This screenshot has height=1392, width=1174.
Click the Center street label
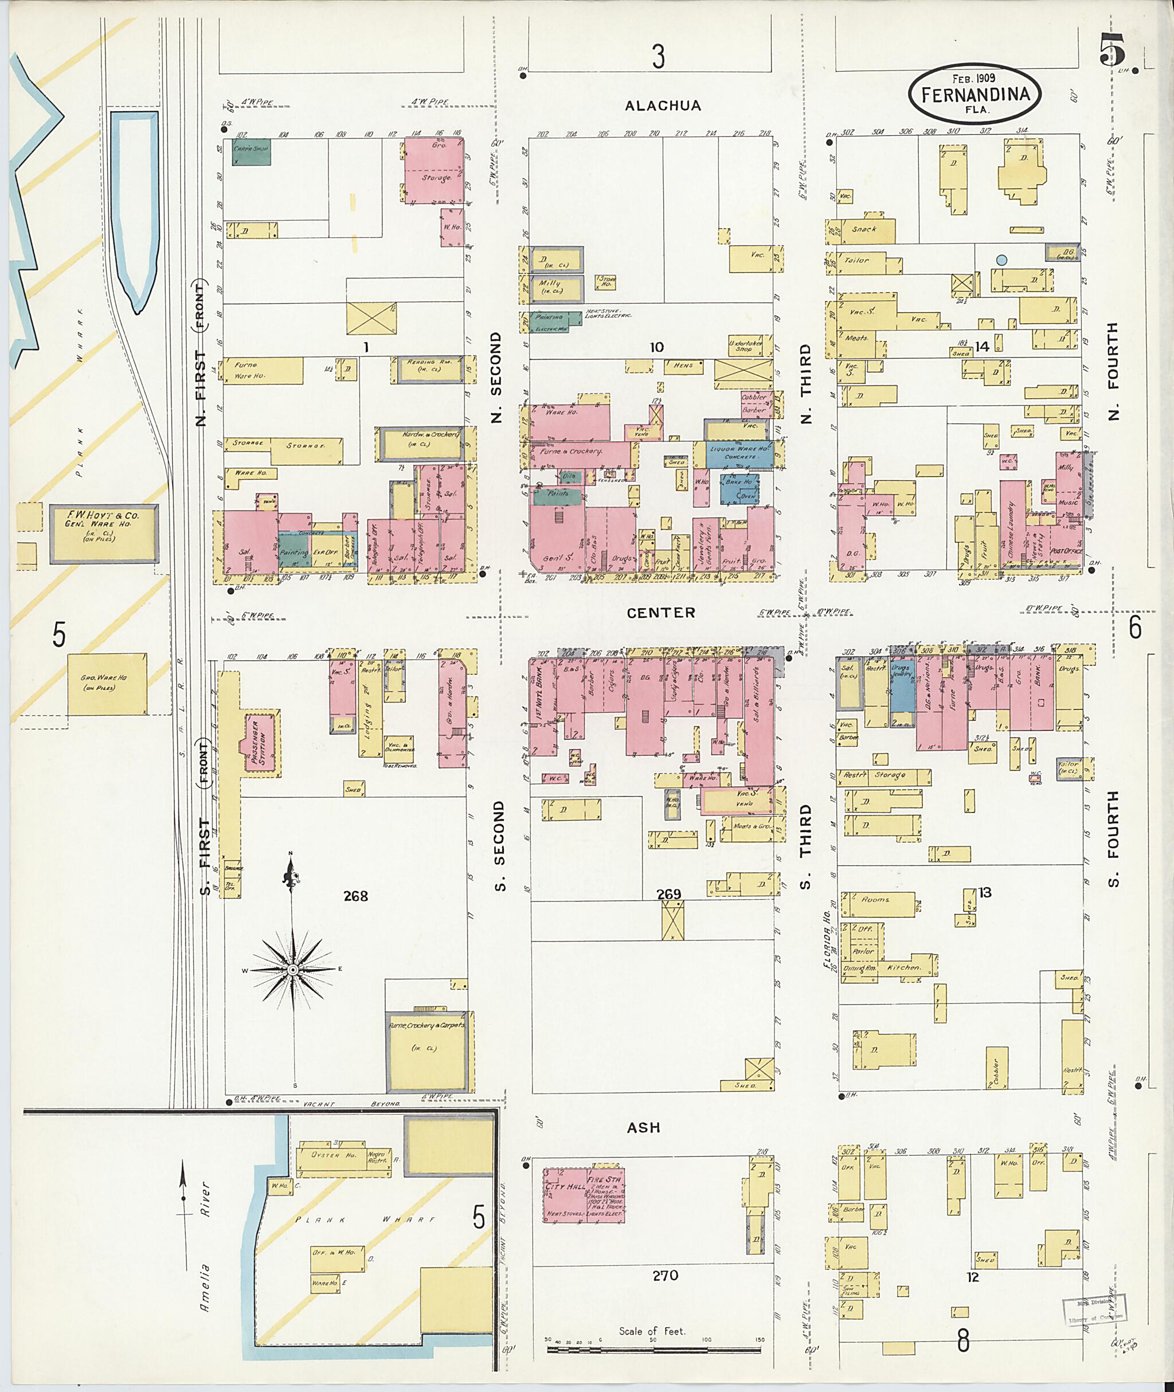point(661,612)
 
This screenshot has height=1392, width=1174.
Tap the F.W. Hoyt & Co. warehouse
point(104,534)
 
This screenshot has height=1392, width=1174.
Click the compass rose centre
point(292,970)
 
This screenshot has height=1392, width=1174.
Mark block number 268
point(355,896)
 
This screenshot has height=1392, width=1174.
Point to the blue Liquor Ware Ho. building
point(739,453)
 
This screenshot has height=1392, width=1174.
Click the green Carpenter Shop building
point(251,152)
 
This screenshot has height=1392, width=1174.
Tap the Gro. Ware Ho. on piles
point(107,683)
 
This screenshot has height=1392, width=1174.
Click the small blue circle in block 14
point(1001,260)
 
